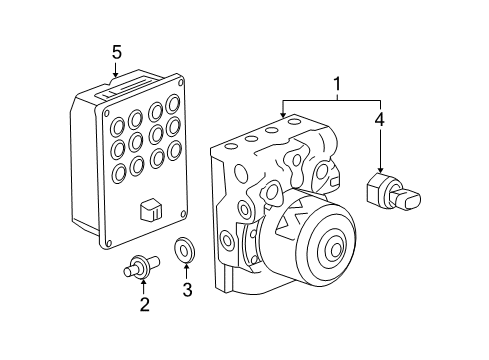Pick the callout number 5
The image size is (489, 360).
(x=116, y=51)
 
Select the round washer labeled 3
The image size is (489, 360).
(x=185, y=249)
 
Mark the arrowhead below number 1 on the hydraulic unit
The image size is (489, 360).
(x=284, y=117)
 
